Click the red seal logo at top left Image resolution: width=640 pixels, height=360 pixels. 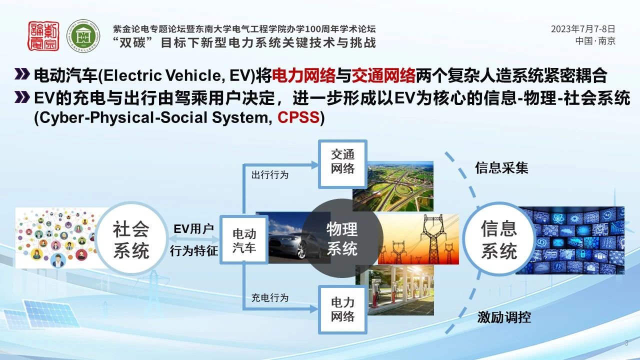[43, 36]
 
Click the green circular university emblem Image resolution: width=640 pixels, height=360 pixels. [83, 36]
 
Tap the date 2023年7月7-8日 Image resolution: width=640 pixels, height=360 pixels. [583, 29]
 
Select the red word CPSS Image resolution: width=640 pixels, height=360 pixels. [298, 117]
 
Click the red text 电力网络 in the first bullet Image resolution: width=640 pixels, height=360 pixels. [303, 75]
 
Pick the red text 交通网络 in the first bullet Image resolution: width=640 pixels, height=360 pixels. [383, 75]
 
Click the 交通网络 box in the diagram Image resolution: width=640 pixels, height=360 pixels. [342, 164]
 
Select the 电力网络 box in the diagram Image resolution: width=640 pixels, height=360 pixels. [342, 309]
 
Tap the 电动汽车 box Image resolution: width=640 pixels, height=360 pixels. [244, 239]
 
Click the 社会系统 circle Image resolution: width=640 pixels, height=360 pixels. [131, 238]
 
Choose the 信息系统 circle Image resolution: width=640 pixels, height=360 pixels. [499, 239]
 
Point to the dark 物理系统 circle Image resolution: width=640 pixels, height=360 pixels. [342, 238]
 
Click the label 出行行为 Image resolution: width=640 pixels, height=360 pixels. [270, 175]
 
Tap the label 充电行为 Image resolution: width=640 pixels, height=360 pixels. [270, 297]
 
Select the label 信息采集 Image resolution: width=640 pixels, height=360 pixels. [501, 167]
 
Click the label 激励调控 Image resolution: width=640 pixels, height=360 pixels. [504, 317]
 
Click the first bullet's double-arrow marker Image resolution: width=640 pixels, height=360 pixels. [22, 74]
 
